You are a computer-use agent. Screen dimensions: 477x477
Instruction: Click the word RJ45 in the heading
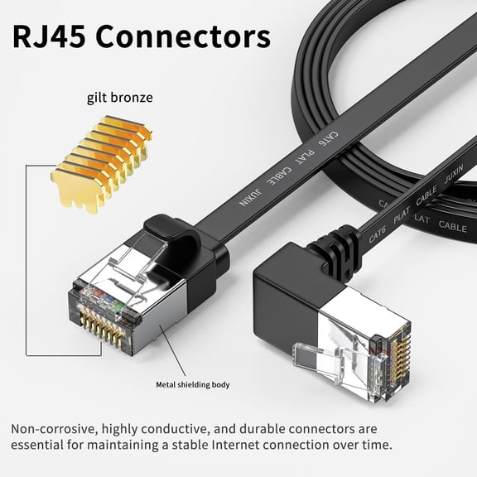52,36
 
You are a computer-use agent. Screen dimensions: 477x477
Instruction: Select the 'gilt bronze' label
119,98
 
